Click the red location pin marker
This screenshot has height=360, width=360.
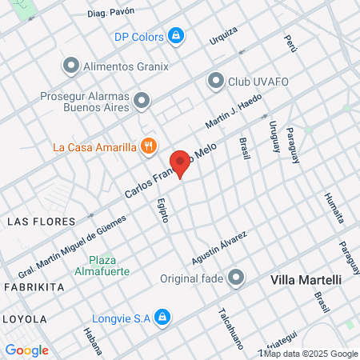coord(181,164)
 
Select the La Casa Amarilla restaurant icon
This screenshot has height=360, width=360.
coord(147,146)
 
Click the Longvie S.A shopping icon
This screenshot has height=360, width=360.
coord(162,318)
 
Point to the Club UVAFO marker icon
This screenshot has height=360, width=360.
coord(215,80)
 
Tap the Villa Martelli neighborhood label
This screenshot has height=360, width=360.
coord(306,280)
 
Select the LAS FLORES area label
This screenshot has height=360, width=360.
coord(40,220)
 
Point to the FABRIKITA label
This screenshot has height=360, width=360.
coord(34,286)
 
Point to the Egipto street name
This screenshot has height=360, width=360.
coord(162,209)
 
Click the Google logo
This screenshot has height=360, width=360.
coord(26,350)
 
